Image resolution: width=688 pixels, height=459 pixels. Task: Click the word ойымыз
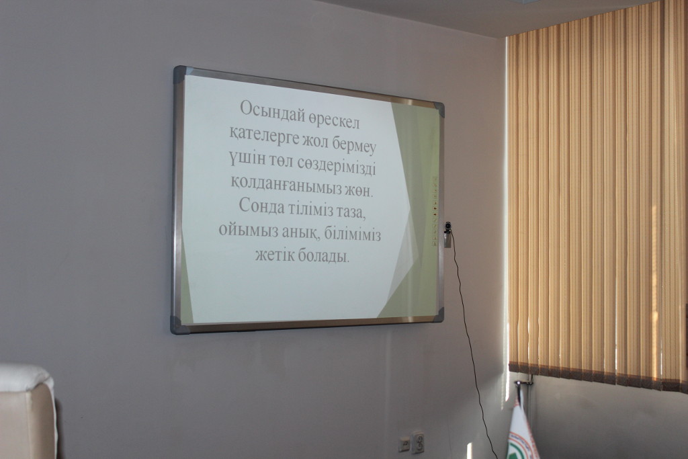tap(242, 229)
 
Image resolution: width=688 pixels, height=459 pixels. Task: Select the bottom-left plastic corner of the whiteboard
tap(177, 325)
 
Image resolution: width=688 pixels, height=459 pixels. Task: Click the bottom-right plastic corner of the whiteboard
tap(438, 315)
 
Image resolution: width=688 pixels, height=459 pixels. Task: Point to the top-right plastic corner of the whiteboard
tap(439, 108)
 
